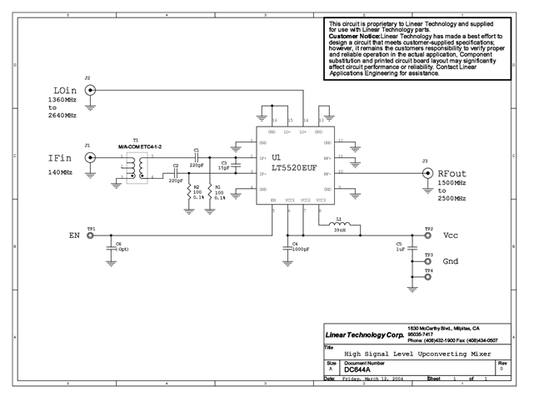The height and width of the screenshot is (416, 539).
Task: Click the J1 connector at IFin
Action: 87,156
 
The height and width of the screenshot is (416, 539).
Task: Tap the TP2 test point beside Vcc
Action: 428,235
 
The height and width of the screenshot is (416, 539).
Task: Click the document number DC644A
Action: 356,369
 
